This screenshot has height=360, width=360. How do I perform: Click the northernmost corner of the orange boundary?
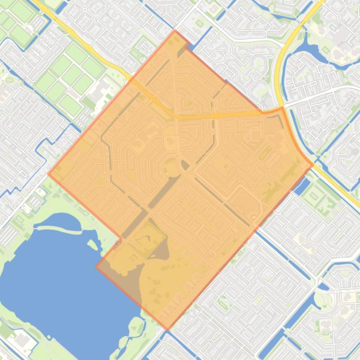tap(175, 31)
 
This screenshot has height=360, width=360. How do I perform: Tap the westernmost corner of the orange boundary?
tap(48, 174)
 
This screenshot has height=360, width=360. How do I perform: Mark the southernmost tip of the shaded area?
tap(168, 329)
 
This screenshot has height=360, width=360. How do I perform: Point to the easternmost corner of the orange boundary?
tap(313, 165)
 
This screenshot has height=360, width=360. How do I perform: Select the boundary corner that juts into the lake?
tap(96, 266)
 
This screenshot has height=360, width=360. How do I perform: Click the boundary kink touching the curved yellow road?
tap(282, 108)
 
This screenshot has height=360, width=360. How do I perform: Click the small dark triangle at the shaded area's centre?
tap(185, 165)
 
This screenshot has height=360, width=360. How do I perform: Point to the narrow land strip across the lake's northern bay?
tap(59, 229)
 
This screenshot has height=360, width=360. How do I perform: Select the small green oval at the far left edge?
tap(8, 80)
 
